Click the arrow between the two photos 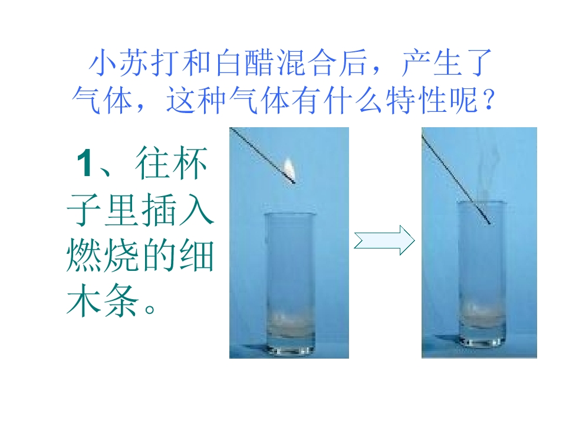[384, 240]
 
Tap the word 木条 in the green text [103, 300]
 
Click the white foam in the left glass [289, 322]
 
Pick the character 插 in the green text [159, 210]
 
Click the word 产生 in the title [430, 62]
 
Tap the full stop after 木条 [149, 309]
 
